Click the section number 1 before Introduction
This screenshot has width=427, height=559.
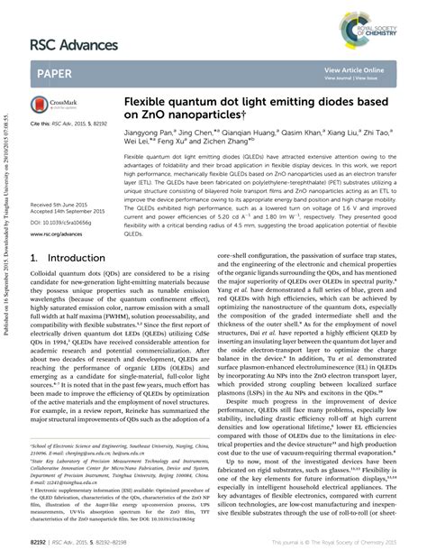coord(34,258)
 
